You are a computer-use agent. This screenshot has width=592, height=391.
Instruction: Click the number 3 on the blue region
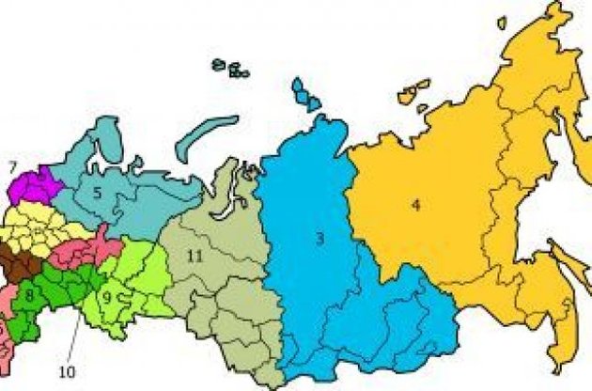[x=319, y=241]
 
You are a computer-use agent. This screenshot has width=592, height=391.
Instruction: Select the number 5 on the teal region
[x=96, y=194]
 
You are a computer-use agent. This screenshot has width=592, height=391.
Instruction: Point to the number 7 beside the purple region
[x=12, y=168]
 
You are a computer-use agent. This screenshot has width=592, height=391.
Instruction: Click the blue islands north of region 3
[x=305, y=93]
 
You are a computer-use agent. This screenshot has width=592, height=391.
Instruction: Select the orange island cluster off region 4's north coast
[x=412, y=91]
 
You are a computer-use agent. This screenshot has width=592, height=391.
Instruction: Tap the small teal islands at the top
[x=230, y=67]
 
